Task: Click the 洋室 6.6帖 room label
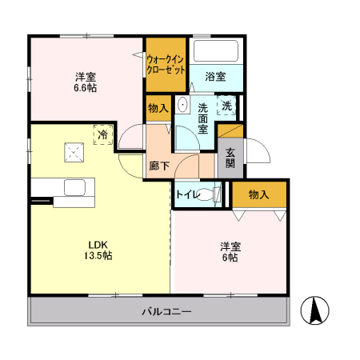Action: pos(86,82)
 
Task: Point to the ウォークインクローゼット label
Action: pos(166,63)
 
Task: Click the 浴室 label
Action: pos(214,77)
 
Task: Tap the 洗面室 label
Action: pos(203,118)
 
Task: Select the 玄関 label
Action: pos(230,158)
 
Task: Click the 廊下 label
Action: pos(158,166)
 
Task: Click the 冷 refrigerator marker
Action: pos(102,135)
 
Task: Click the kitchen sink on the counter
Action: pos(74,187)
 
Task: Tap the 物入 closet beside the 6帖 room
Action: pos(258,194)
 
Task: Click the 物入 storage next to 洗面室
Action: pos(158,108)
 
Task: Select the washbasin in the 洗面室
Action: pos(182,106)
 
